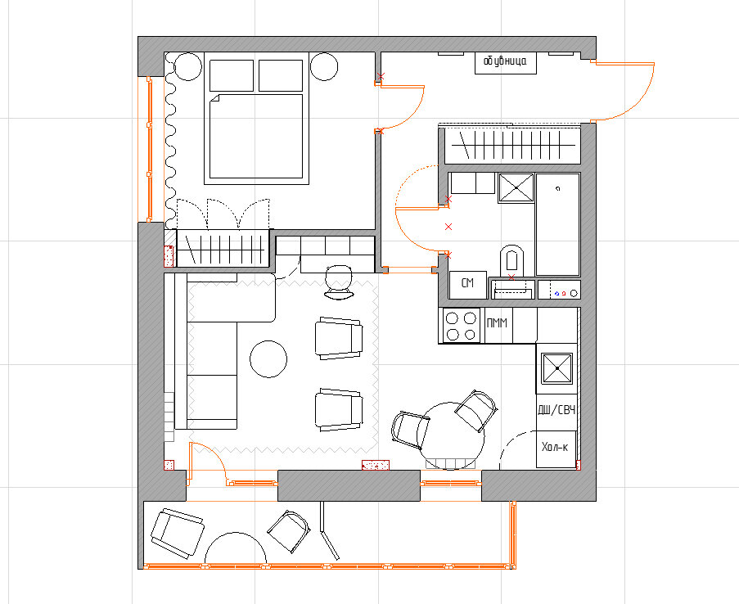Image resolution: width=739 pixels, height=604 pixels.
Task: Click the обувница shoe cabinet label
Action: pyautogui.click(x=505, y=61)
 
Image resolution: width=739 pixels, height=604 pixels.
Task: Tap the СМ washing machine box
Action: pyautogui.click(x=467, y=284)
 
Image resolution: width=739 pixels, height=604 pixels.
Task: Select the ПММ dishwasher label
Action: pyautogui.click(x=497, y=323)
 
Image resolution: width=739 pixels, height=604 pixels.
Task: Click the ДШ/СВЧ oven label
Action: pyautogui.click(x=557, y=410)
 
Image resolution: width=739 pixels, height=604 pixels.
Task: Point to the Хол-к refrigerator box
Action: pyautogui.click(x=557, y=448)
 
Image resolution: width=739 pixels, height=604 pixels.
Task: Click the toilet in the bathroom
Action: pyautogui.click(x=511, y=261)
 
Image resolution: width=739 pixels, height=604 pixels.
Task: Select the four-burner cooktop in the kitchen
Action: pyautogui.click(x=461, y=326)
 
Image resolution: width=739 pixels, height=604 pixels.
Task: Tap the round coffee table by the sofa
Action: pyautogui.click(x=268, y=359)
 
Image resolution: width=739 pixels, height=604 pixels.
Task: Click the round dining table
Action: pyautogui.click(x=451, y=435)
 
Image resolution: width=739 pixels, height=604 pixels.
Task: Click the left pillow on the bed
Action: pyautogui.click(x=232, y=75)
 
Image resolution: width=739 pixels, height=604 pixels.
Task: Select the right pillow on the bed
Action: pyautogui.click(x=281, y=75)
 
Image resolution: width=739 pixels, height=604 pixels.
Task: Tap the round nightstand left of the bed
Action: pyautogui.click(x=187, y=66)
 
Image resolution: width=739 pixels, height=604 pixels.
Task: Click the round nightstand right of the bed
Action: pyautogui.click(x=324, y=66)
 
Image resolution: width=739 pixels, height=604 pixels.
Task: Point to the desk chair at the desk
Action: pyautogui.click(x=339, y=282)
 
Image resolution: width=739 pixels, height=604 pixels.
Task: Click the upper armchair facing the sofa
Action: pyautogui.click(x=339, y=338)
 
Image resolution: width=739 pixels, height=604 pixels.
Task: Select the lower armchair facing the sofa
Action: pyautogui.click(x=339, y=410)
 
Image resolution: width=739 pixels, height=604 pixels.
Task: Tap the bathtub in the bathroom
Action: pyautogui.click(x=557, y=224)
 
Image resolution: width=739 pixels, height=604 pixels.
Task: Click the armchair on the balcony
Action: pyautogui.click(x=178, y=534)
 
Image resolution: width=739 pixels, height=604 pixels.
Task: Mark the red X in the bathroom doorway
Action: pyautogui.click(x=448, y=227)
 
